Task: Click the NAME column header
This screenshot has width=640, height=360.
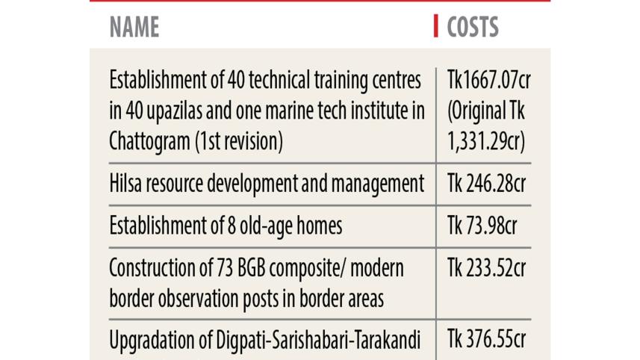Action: click(x=134, y=28)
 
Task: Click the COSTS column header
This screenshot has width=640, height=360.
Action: click(x=473, y=28)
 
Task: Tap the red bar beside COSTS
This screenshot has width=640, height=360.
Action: click(x=436, y=27)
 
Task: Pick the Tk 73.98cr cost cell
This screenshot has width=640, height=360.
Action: click(x=482, y=226)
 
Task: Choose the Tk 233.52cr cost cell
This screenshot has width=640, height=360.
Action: click(x=486, y=267)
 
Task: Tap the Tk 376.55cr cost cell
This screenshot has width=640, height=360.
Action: click(x=486, y=339)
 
